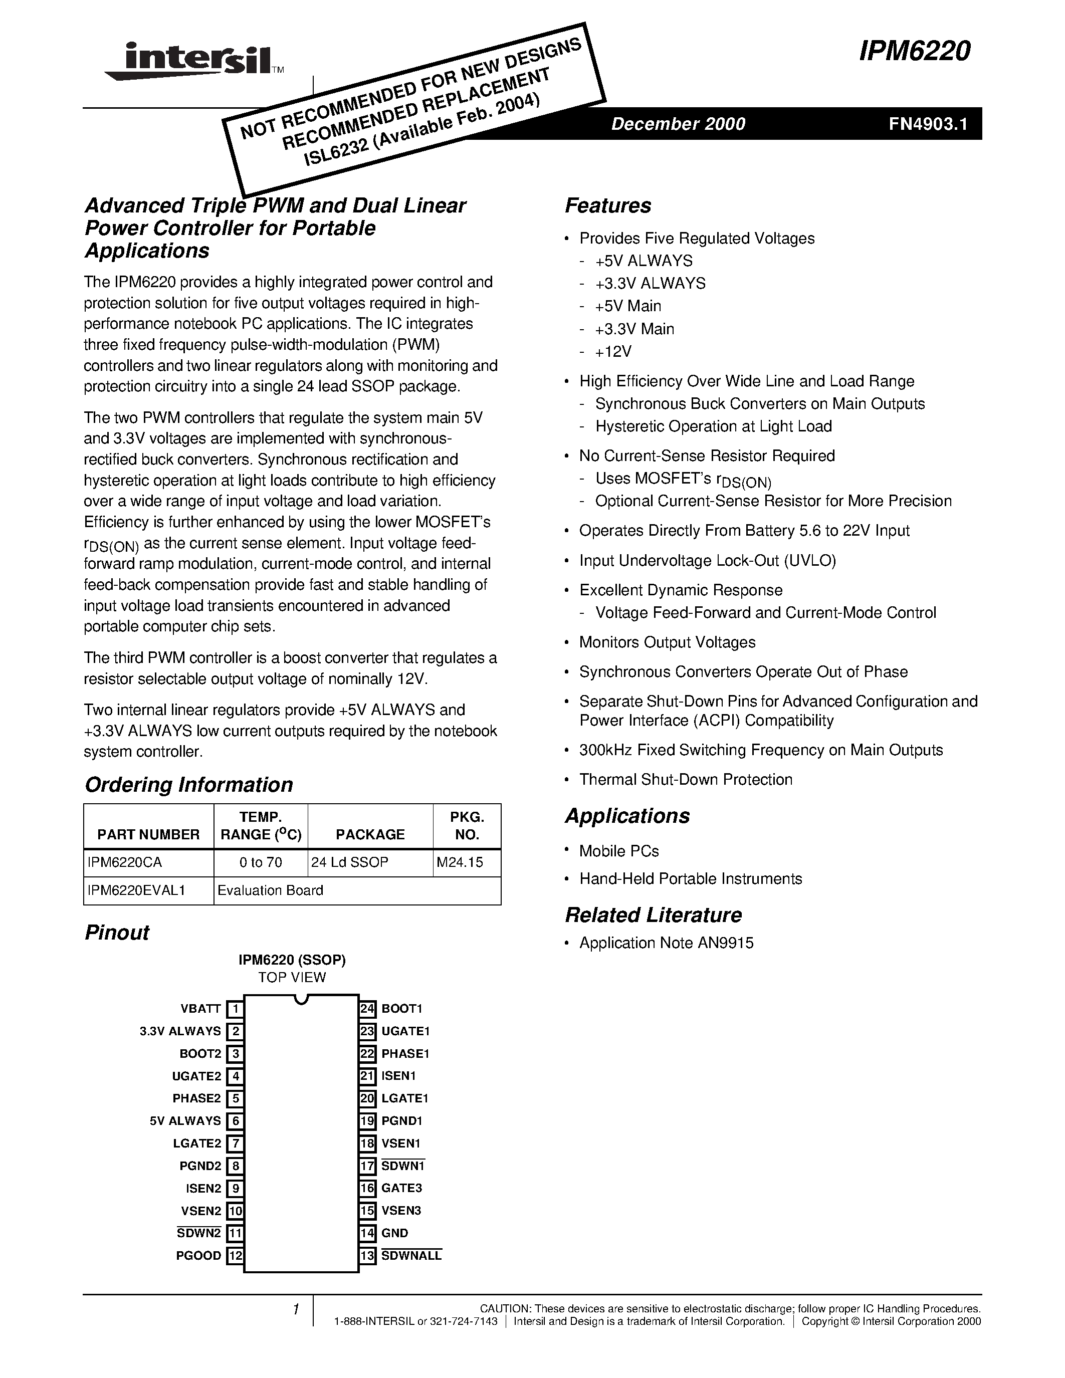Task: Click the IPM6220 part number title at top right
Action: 914,51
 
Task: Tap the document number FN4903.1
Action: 928,124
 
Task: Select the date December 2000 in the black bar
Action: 678,124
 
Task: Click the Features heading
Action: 607,205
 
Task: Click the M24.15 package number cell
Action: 459,862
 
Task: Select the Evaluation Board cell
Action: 270,890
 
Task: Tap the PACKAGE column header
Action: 370,834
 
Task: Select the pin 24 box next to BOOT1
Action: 367,1009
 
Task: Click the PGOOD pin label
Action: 198,1256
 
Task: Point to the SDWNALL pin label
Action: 411,1256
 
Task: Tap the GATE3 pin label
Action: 401,1188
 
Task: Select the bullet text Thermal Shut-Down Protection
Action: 685,779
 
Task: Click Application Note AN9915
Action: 666,943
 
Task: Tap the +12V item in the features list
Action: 612,351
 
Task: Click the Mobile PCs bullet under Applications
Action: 618,851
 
